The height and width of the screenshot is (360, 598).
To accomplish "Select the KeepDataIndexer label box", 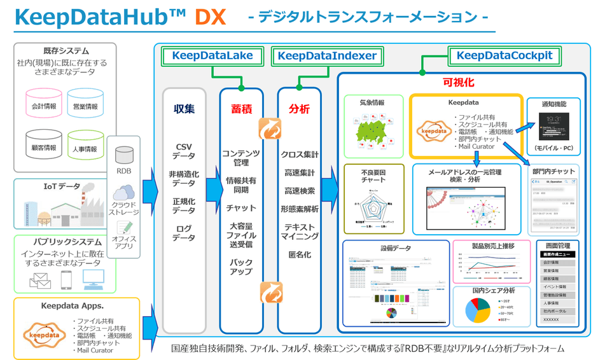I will click(327, 56).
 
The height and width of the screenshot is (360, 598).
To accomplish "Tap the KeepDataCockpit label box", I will click(504, 56).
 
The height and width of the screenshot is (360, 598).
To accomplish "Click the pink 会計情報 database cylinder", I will click(44, 104).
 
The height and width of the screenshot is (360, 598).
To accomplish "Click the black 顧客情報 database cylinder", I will click(44, 146).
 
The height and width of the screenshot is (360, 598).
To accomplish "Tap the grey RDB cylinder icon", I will click(124, 155).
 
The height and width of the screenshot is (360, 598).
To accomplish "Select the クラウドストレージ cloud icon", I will click(124, 192).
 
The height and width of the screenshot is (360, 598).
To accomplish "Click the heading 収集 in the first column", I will click(184, 109).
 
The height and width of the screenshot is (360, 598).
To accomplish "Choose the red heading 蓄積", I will click(241, 109).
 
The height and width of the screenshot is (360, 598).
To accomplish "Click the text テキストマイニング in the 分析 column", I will click(299, 232).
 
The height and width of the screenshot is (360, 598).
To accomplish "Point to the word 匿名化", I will click(299, 255).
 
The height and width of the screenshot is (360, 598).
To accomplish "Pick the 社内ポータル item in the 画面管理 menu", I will click(557, 312).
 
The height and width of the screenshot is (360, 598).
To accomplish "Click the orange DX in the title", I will click(210, 17).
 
